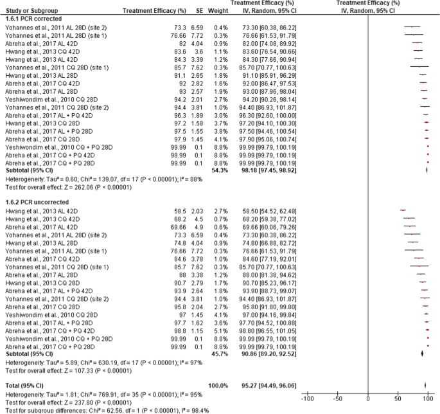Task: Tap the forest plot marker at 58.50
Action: tap(403, 210)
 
